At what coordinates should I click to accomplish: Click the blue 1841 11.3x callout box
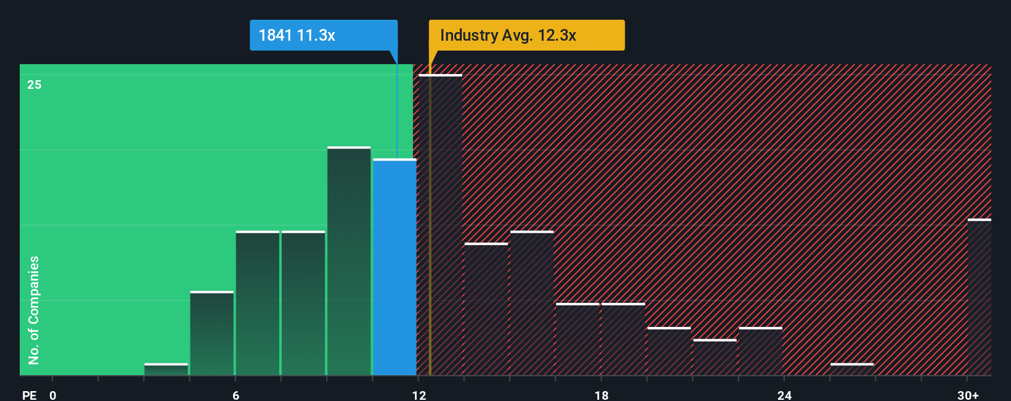(323, 35)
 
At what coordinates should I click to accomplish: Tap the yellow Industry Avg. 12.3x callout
(526, 35)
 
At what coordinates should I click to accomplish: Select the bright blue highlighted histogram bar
(395, 267)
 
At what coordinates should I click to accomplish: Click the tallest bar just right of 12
(440, 225)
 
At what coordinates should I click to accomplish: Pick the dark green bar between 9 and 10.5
(349, 261)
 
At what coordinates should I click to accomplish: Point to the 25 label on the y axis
(35, 85)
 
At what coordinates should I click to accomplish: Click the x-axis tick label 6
(236, 395)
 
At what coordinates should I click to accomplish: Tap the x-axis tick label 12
(419, 395)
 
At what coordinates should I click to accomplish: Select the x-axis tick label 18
(602, 395)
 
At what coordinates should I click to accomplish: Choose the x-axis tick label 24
(784, 395)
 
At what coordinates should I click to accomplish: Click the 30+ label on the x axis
(968, 395)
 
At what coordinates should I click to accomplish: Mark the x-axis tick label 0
(53, 395)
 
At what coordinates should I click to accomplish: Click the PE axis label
(29, 395)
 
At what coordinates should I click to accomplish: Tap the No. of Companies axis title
(34, 310)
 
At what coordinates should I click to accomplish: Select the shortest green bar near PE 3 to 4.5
(166, 370)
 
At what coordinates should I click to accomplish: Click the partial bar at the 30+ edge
(980, 297)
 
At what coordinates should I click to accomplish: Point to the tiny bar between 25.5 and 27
(852, 370)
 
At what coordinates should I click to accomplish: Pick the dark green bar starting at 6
(258, 303)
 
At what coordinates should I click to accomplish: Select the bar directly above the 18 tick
(623, 339)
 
